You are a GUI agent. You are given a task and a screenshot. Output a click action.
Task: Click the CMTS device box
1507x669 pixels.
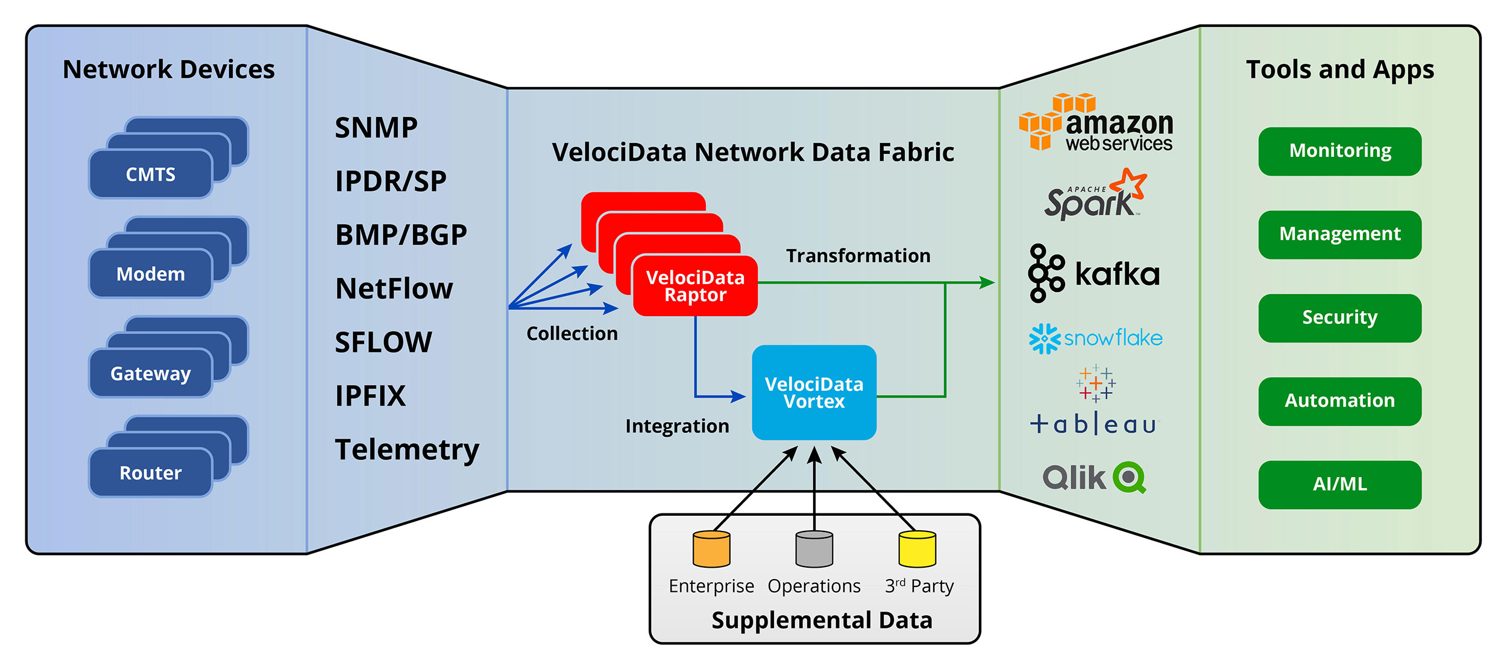pos(151,174)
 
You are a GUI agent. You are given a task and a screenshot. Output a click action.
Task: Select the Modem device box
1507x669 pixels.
pos(151,274)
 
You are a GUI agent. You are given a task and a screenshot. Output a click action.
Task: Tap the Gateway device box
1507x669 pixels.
pos(151,373)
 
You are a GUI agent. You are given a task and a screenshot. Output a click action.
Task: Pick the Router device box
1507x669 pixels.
pos(151,473)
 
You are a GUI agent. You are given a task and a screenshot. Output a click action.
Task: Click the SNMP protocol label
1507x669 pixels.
pos(376,128)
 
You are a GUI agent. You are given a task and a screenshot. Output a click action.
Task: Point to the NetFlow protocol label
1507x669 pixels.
pos(394,288)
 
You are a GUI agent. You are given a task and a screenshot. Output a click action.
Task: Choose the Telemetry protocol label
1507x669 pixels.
pos(407,449)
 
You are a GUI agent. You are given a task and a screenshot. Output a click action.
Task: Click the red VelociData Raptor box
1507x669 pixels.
pos(695,286)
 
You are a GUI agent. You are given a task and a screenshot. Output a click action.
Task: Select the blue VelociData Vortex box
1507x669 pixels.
pos(814,393)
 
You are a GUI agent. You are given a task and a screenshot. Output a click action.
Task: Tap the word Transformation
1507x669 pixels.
pos(858,256)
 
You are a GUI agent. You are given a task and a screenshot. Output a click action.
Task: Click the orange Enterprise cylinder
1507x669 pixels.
pos(711,550)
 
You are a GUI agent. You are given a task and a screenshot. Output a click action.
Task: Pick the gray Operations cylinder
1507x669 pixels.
pos(814,550)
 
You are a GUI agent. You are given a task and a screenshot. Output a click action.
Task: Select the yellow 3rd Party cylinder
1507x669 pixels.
pos(917,550)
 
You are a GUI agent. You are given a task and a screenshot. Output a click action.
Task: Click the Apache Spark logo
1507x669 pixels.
pos(1095,195)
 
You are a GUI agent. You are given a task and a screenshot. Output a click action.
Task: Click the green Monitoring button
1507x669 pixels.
pos(1339,151)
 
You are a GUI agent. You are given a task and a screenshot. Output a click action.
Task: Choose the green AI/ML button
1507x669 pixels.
pos(1339,484)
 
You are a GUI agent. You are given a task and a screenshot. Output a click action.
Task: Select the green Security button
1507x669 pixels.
pos(1339,318)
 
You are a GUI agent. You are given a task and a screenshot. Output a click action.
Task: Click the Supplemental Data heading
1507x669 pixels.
pos(822,620)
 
